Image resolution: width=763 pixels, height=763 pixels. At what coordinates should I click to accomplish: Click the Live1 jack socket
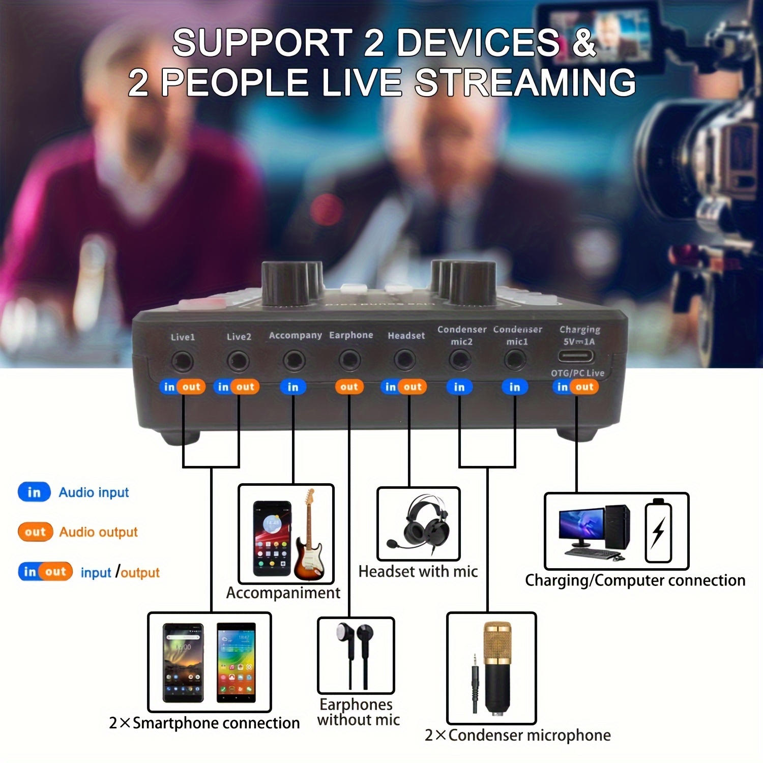182,362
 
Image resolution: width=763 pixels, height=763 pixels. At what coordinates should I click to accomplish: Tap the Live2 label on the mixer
239,337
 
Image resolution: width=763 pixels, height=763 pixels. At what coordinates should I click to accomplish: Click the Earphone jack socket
349,361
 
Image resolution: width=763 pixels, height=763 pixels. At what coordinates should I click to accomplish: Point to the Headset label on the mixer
406,336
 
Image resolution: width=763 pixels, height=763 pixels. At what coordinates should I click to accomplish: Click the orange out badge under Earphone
349,387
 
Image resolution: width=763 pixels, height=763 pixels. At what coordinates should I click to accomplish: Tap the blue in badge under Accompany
293,387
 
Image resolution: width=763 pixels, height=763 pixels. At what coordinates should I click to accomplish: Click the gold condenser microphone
497,666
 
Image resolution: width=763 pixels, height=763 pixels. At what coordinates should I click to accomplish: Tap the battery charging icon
658,531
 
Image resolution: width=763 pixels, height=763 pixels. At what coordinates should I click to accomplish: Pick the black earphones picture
356,656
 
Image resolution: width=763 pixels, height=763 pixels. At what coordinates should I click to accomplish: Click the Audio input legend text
94,492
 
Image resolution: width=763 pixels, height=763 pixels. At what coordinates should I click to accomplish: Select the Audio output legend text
99,532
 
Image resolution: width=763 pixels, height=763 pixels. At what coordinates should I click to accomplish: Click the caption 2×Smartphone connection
204,723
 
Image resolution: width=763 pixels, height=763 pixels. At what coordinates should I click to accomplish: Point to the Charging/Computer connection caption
635,580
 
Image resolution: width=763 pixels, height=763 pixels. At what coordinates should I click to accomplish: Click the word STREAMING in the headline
525,82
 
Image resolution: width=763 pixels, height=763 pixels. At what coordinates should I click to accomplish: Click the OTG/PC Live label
578,373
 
